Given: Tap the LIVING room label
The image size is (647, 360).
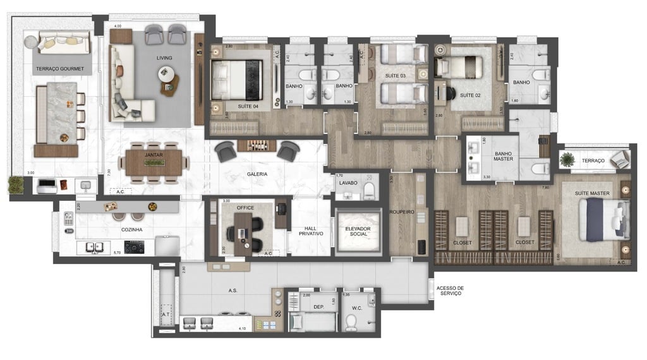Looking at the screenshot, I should (x=164, y=58).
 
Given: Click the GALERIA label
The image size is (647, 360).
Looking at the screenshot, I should (x=257, y=174).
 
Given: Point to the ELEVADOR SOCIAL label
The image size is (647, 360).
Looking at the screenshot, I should (x=358, y=231).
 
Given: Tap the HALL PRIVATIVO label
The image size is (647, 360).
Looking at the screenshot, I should (x=310, y=231).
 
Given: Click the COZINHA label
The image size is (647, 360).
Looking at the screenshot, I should (x=131, y=230).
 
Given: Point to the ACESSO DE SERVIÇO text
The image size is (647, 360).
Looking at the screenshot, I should (x=449, y=291).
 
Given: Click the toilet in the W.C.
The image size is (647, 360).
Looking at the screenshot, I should (x=351, y=323).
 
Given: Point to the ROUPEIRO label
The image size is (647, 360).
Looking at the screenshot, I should (x=401, y=212).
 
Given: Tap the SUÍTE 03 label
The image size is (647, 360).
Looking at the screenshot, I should (x=395, y=76).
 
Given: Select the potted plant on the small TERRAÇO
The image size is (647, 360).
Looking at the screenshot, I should (x=567, y=160).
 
